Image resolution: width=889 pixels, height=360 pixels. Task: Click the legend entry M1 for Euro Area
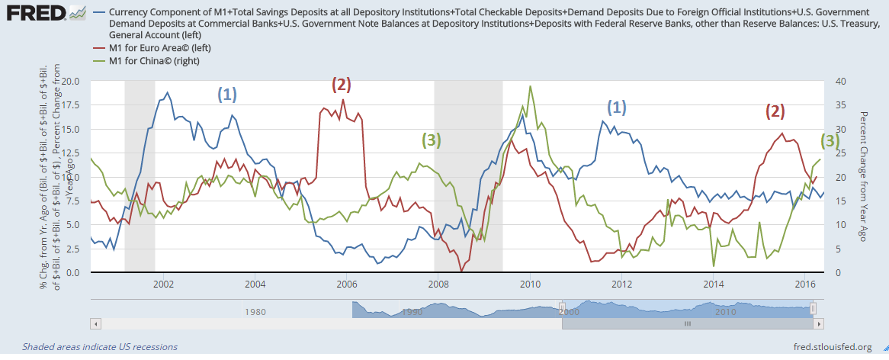point(160,48)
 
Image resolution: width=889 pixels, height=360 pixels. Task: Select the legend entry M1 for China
point(153,60)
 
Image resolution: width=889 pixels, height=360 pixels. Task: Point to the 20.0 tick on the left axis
point(69,81)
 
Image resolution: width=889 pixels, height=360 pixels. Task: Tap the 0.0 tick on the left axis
point(74,272)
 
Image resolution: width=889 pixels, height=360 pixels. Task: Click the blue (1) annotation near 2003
point(227,94)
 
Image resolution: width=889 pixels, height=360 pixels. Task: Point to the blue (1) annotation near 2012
point(616,107)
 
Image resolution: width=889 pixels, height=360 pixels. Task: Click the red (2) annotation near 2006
point(341,85)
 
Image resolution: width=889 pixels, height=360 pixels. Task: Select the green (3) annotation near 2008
point(431,140)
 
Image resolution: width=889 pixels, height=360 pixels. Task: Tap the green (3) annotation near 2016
point(830,140)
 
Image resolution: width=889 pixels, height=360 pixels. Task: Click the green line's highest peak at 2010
point(530,86)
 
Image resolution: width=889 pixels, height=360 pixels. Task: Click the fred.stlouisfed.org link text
point(832,347)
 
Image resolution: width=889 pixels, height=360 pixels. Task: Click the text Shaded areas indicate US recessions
point(100,347)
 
